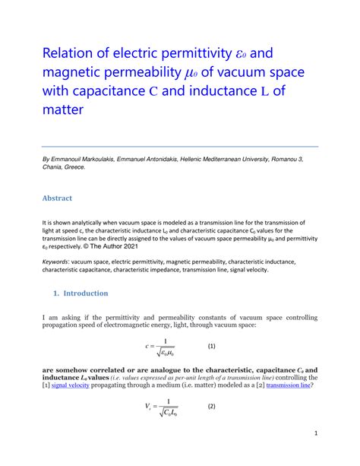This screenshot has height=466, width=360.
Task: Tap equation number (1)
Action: [213, 347]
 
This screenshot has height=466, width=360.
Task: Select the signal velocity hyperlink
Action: [71, 385]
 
